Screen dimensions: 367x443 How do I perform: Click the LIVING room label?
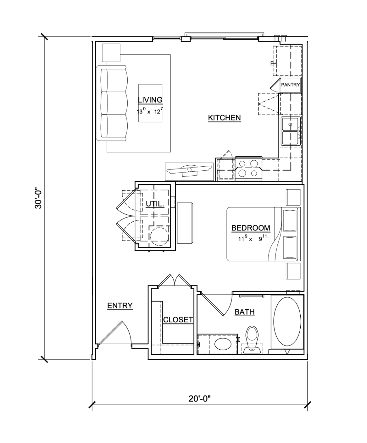(150, 100)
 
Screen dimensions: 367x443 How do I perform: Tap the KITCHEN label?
(224, 117)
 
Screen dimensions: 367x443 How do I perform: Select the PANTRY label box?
(290, 85)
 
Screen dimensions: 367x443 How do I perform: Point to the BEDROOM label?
(251, 228)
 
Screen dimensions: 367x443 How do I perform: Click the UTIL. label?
(155, 204)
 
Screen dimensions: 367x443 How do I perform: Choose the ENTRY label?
(120, 306)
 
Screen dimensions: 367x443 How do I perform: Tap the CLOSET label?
(178, 320)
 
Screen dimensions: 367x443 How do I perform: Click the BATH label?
(244, 312)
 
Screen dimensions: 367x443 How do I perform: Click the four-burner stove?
(248, 169)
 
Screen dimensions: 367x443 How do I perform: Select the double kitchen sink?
(291, 131)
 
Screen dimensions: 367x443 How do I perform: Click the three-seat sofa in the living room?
(112, 103)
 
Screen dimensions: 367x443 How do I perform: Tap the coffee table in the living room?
(151, 103)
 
